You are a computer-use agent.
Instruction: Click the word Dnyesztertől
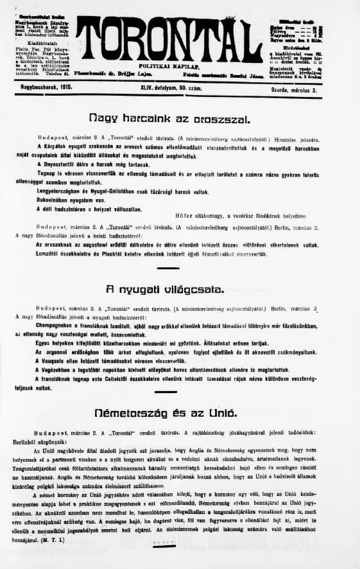click(64, 164)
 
